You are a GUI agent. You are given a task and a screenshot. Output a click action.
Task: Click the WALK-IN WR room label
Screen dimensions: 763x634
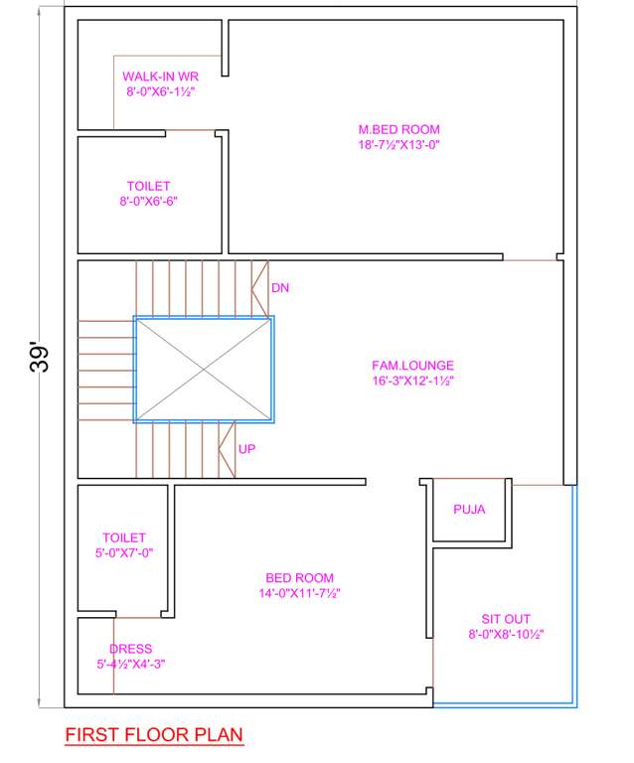(160, 76)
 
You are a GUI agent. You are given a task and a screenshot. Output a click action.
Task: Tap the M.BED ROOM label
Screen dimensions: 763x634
(398, 129)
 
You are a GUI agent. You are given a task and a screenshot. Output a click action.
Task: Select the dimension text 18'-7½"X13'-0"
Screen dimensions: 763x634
(398, 144)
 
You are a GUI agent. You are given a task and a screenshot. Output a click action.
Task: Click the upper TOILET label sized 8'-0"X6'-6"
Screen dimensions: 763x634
(148, 186)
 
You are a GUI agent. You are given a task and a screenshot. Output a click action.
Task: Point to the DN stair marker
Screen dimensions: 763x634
(279, 288)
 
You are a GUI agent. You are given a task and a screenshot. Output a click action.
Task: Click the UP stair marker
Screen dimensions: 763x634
(246, 449)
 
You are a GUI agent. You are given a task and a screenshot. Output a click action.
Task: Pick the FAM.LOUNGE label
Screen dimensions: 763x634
(412, 365)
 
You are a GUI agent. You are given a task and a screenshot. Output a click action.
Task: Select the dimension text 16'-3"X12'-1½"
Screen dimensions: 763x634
(412, 380)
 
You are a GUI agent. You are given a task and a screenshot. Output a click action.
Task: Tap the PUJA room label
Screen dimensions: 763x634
(469, 510)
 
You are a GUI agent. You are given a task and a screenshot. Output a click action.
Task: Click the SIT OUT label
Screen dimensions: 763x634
(506, 618)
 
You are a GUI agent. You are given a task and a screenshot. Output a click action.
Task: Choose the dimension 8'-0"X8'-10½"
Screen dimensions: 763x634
(506, 634)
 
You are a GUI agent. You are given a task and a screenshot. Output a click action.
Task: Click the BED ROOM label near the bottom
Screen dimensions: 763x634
(299, 578)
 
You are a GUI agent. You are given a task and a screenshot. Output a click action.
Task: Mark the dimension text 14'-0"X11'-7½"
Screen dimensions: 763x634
(299, 593)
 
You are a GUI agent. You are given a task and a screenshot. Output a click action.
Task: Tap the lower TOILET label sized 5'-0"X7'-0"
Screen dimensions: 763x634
(124, 537)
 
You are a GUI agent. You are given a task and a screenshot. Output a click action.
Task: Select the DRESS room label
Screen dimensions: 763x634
(130, 649)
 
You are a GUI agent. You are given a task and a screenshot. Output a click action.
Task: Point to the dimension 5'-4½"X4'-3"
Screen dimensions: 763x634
(130, 664)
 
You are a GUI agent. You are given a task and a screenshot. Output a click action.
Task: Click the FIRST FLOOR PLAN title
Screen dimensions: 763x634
(153, 735)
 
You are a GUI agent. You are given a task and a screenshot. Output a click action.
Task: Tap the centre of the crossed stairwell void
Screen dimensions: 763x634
(204, 369)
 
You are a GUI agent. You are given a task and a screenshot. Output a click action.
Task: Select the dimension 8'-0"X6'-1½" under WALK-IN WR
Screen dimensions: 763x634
(160, 91)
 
